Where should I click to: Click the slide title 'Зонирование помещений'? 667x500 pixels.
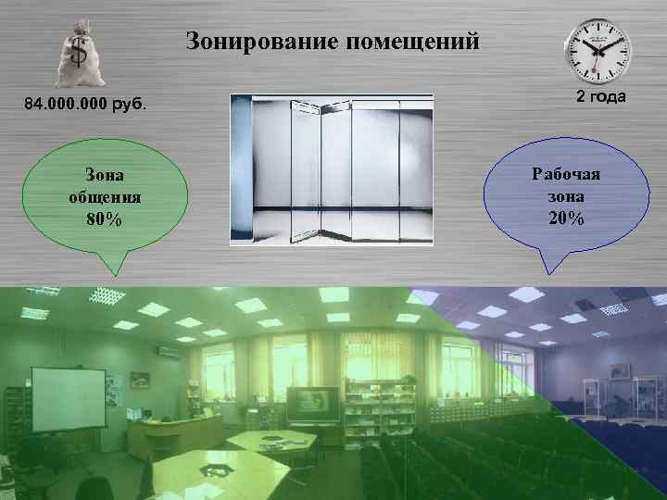(333, 42)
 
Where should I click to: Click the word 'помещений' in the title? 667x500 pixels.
(413, 42)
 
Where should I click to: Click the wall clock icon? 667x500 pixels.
(598, 51)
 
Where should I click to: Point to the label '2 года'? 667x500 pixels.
(601, 97)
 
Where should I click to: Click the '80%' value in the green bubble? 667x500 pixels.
(104, 219)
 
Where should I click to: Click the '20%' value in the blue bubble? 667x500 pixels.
(565, 219)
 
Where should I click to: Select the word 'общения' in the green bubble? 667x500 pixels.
(104, 197)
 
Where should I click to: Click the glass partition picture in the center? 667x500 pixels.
(331, 169)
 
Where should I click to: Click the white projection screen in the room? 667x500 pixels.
(68, 396)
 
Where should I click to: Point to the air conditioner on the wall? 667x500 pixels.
(167, 353)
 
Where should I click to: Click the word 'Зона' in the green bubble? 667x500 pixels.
(104, 174)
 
